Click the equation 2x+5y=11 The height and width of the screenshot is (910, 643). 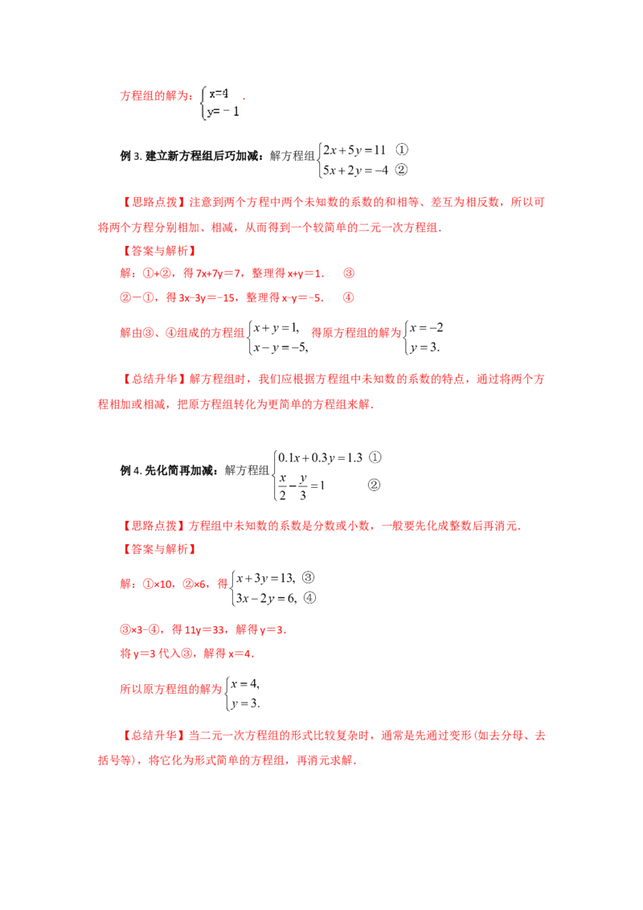(354, 150)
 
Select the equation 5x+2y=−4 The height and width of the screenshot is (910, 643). (355, 170)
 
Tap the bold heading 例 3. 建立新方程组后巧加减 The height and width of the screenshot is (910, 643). (189, 155)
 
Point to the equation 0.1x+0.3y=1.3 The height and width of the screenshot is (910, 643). (321, 458)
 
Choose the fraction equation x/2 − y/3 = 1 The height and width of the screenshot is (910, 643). (301, 486)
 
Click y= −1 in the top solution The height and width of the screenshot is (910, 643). (223, 112)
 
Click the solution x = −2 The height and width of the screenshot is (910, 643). (427, 328)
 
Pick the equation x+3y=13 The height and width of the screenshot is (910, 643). (266, 578)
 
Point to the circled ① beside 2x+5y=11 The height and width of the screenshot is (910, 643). (402, 150)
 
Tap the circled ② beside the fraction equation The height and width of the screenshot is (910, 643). (375, 485)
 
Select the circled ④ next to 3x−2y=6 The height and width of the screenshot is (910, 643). (310, 598)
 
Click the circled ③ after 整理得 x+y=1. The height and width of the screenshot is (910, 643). (348, 273)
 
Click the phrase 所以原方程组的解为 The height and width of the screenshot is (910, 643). (171, 689)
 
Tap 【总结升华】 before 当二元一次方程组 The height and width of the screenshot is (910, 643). (154, 736)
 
